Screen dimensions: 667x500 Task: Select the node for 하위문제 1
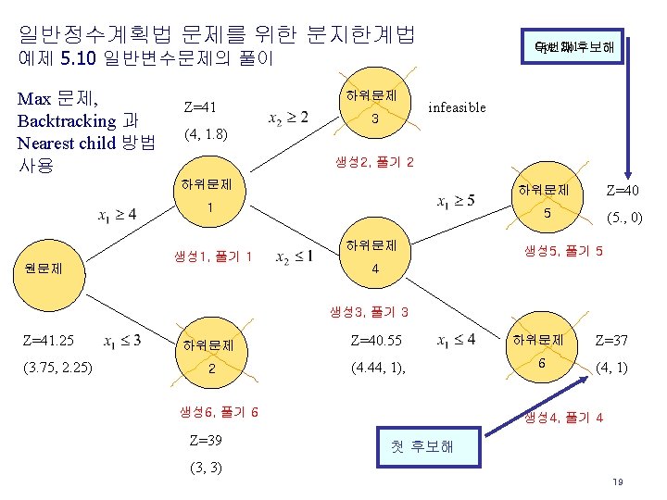[211, 195]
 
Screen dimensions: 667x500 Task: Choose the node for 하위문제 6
[542, 353]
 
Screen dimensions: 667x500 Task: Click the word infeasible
[457, 107]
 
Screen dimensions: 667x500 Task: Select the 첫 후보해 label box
[422, 447]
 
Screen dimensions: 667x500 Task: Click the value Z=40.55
[376, 340]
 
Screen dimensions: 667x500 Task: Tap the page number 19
[617, 482]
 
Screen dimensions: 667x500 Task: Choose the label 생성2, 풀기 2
[374, 163]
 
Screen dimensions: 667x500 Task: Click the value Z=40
[622, 191]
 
